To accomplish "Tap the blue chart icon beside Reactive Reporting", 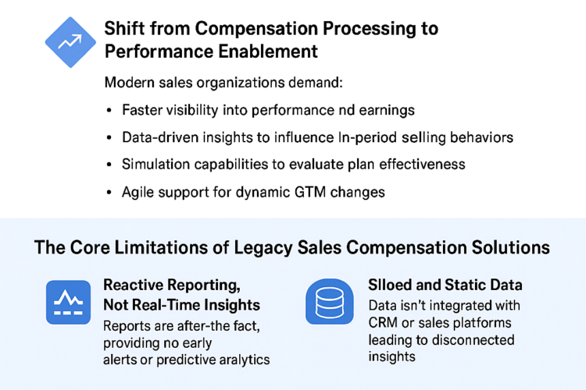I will (70, 301).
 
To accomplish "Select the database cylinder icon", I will (328, 301).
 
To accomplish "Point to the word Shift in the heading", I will (123, 28).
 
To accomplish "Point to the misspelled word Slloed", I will (391, 285).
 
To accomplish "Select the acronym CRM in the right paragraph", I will (384, 323).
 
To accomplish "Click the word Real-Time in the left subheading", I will (170, 304).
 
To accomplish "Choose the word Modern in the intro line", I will (128, 82).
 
